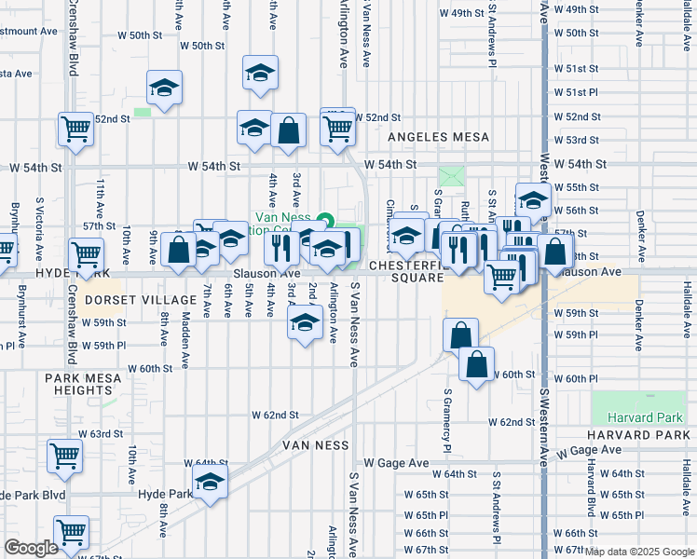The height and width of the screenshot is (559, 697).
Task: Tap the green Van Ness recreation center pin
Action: tap(324, 222)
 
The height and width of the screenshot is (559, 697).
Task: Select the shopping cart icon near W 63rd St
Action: tap(64, 457)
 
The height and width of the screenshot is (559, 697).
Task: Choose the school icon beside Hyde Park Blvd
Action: tap(211, 483)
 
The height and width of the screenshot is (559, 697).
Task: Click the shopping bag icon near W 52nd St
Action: tap(289, 131)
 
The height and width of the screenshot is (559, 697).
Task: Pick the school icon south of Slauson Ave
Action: tap(303, 324)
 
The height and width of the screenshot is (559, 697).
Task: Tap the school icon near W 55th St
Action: tap(533, 199)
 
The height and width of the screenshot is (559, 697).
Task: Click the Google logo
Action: tap(31, 549)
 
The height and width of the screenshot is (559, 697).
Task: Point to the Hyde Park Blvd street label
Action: tap(34, 495)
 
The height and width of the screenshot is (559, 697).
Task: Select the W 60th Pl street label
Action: tap(581, 379)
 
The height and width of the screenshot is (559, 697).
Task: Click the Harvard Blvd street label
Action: tap(591, 485)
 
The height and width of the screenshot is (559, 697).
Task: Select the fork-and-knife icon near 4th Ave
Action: tap(279, 246)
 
